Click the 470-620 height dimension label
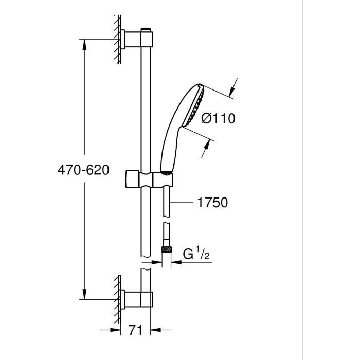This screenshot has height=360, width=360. [83, 170]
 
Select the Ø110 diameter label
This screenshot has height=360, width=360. [218, 119]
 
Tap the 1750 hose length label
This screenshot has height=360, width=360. [211, 203]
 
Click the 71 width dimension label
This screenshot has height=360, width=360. [135, 330]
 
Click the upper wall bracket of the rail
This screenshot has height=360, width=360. [138, 39]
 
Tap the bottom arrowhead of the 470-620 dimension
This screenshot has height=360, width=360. [83, 296]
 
